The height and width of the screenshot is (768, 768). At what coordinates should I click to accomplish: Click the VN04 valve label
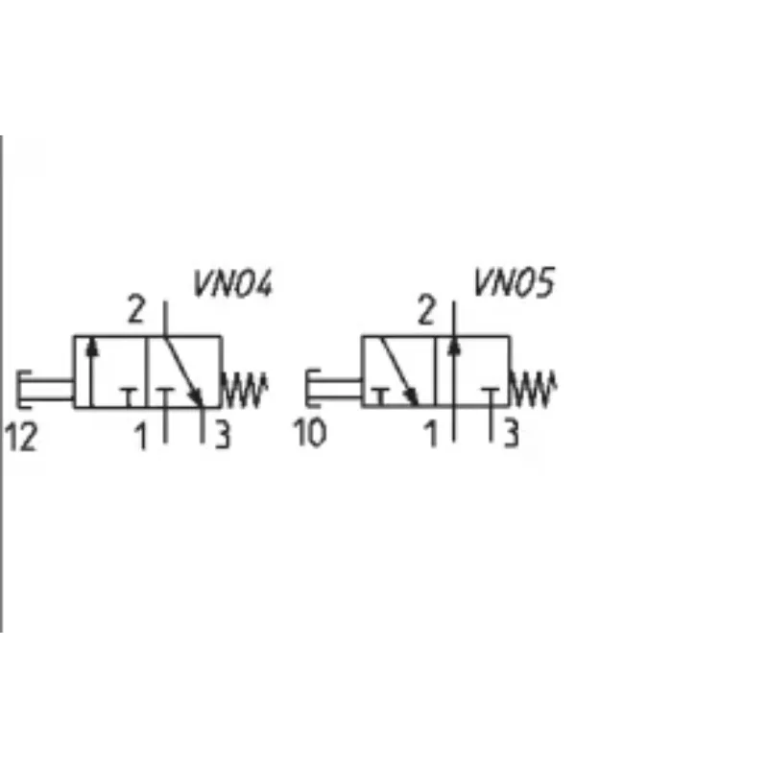coord(232,283)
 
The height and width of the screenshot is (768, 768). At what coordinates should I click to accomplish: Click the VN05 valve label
coord(515,282)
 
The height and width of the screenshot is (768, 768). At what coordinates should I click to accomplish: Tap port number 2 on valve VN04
coord(136,308)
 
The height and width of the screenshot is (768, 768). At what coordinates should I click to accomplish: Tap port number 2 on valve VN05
coord(426,309)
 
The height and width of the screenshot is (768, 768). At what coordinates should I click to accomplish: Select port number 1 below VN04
coord(141,436)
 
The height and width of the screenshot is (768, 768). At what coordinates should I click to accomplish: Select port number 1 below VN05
coord(430,434)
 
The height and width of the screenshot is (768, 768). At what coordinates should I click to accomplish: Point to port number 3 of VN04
coord(223,435)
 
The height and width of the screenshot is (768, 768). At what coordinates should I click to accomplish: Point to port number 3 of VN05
coord(512,433)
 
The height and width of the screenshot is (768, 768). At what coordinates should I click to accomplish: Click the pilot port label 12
coord(20,437)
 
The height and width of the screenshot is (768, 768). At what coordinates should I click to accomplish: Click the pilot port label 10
coord(309,433)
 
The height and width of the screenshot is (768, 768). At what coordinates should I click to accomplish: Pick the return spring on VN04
coord(245,390)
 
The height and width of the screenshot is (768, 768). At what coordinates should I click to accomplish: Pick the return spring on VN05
coord(533,389)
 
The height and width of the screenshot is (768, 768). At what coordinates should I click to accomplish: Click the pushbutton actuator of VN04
coord(45,389)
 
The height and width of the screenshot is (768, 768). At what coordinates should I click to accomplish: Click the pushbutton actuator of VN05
coord(333,388)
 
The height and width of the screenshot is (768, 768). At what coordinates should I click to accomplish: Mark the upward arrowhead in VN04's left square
coord(91,348)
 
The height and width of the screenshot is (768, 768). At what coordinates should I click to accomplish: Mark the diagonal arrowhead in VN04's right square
coord(197,396)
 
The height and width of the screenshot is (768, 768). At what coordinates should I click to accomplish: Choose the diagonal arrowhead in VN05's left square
coord(412,396)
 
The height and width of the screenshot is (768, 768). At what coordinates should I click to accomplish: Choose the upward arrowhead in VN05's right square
coord(454,346)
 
